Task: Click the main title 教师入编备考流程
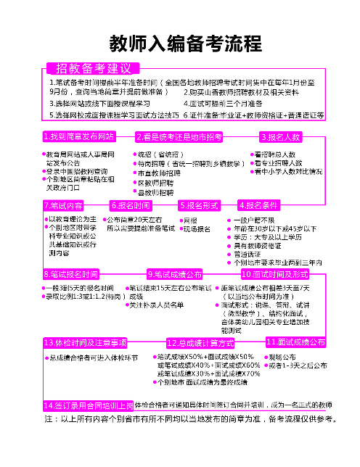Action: pos(179,43)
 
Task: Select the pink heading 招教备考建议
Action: pos(89,68)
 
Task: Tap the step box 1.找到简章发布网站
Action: pos(79,136)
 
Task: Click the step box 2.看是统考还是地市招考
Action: pos(179,136)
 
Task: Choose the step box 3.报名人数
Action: pos(279,136)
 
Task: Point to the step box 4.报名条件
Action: pos(259,205)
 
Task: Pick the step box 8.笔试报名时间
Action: pos(71,275)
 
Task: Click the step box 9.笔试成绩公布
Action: pos(174,275)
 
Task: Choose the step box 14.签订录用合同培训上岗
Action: pos(88,405)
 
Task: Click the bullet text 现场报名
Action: pos(196,228)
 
